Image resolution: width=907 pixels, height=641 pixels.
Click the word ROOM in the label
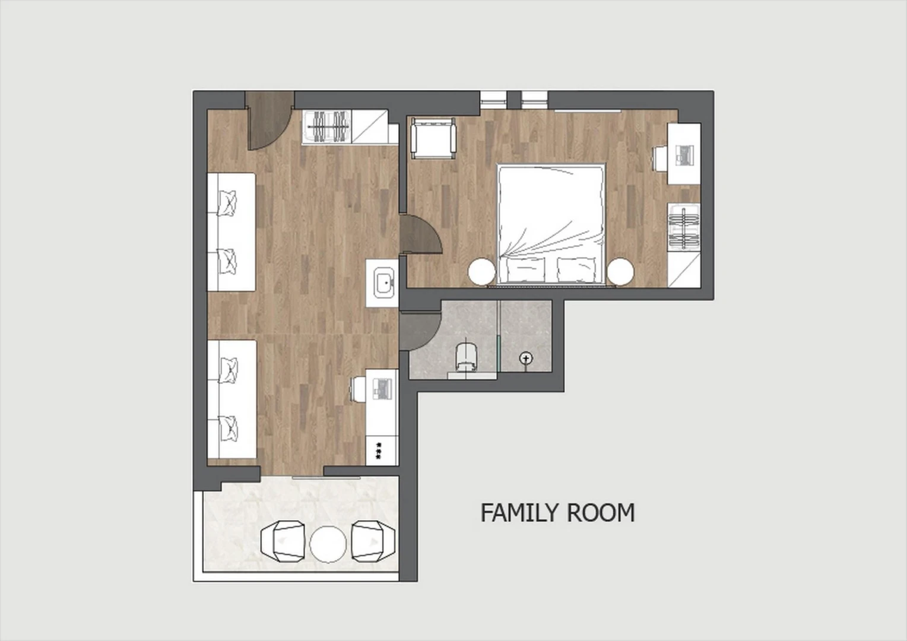[601, 513]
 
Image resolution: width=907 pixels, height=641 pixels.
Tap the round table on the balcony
[328, 544]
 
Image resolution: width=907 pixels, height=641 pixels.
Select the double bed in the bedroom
[551, 224]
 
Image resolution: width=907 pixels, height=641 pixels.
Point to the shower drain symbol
[525, 358]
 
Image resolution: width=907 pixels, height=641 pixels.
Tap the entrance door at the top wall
[269, 120]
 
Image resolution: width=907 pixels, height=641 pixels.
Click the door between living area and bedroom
[420, 235]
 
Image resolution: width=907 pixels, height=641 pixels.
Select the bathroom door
[420, 331]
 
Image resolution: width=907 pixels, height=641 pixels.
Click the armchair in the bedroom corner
[433, 138]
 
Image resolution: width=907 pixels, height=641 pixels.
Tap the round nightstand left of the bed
[481, 272]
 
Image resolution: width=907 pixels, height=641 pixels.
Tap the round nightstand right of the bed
[620, 272]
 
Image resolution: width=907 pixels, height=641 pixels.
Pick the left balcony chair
[283, 541]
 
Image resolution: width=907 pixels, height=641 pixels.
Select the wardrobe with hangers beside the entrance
[326, 126]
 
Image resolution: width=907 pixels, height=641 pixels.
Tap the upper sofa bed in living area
[231, 231]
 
